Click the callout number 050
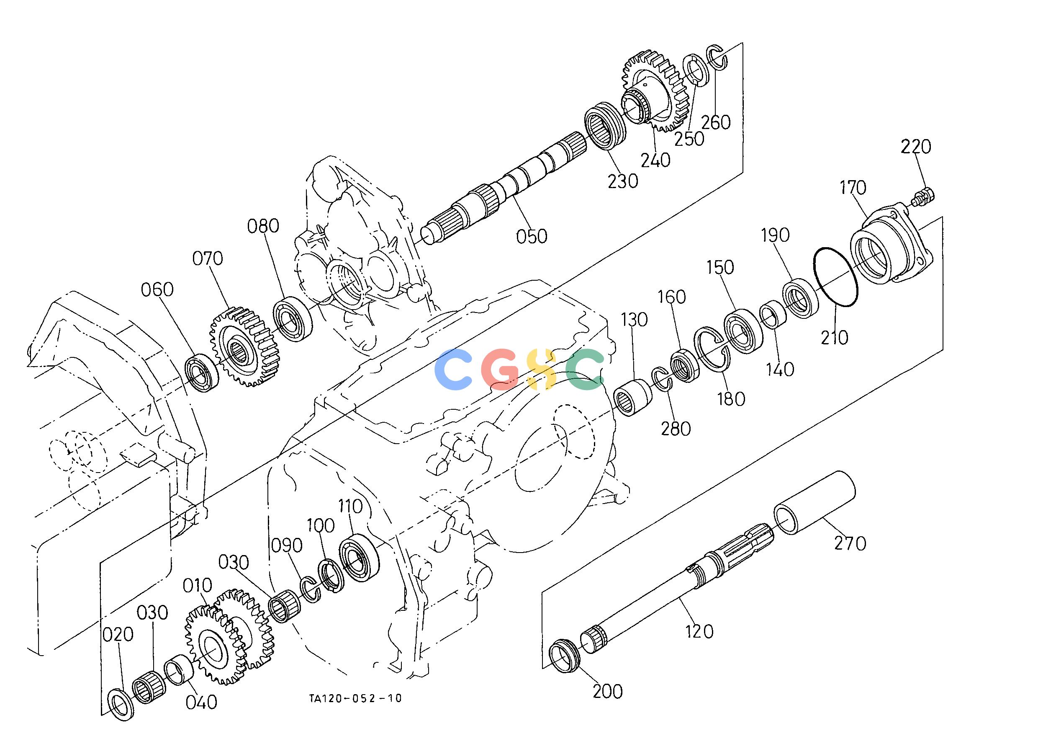tap(532, 236)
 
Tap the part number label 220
tap(916, 147)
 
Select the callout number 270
tap(850, 543)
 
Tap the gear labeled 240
tap(655, 94)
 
